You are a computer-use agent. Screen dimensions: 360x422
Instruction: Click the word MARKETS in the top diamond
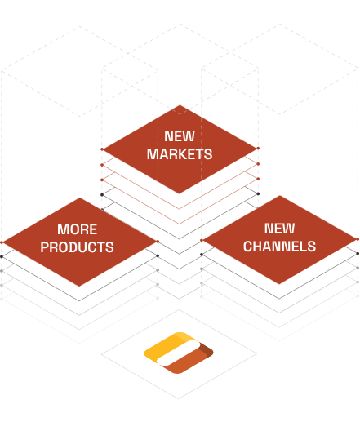(x=180, y=154)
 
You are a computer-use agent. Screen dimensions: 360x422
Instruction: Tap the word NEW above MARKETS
(x=180, y=136)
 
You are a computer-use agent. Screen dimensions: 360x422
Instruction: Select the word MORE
(x=78, y=229)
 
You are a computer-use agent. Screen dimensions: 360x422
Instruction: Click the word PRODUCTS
(x=78, y=247)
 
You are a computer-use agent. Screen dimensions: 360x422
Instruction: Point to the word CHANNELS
(x=279, y=247)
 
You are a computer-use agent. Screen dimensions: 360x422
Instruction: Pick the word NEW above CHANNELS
(x=279, y=229)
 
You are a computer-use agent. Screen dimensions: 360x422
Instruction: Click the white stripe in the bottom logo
(x=179, y=353)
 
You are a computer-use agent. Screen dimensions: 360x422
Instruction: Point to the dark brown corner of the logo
(x=207, y=350)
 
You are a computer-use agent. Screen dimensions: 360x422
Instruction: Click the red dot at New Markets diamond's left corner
(x=102, y=149)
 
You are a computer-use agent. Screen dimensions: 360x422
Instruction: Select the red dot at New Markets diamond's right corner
(x=258, y=149)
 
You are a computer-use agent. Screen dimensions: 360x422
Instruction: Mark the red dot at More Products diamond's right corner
(x=158, y=242)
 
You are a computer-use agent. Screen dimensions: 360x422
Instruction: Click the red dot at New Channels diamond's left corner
(x=202, y=240)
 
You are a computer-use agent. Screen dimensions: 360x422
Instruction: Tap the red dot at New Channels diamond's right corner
(x=358, y=239)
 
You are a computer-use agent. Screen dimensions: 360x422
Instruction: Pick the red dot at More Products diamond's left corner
(x=2, y=242)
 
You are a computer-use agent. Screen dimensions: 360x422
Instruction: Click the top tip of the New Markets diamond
(x=180, y=105)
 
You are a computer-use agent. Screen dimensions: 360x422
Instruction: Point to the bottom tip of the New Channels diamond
(x=279, y=284)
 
